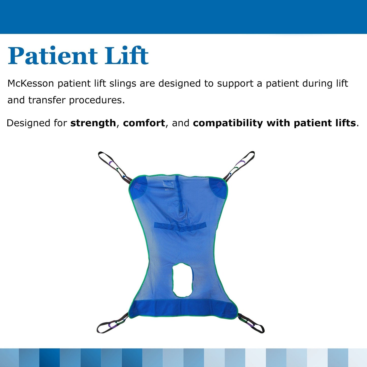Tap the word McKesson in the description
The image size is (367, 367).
tap(30, 84)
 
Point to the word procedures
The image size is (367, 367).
tap(97, 100)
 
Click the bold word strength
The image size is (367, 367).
tap(93, 123)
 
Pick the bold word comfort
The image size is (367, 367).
tap(144, 123)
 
